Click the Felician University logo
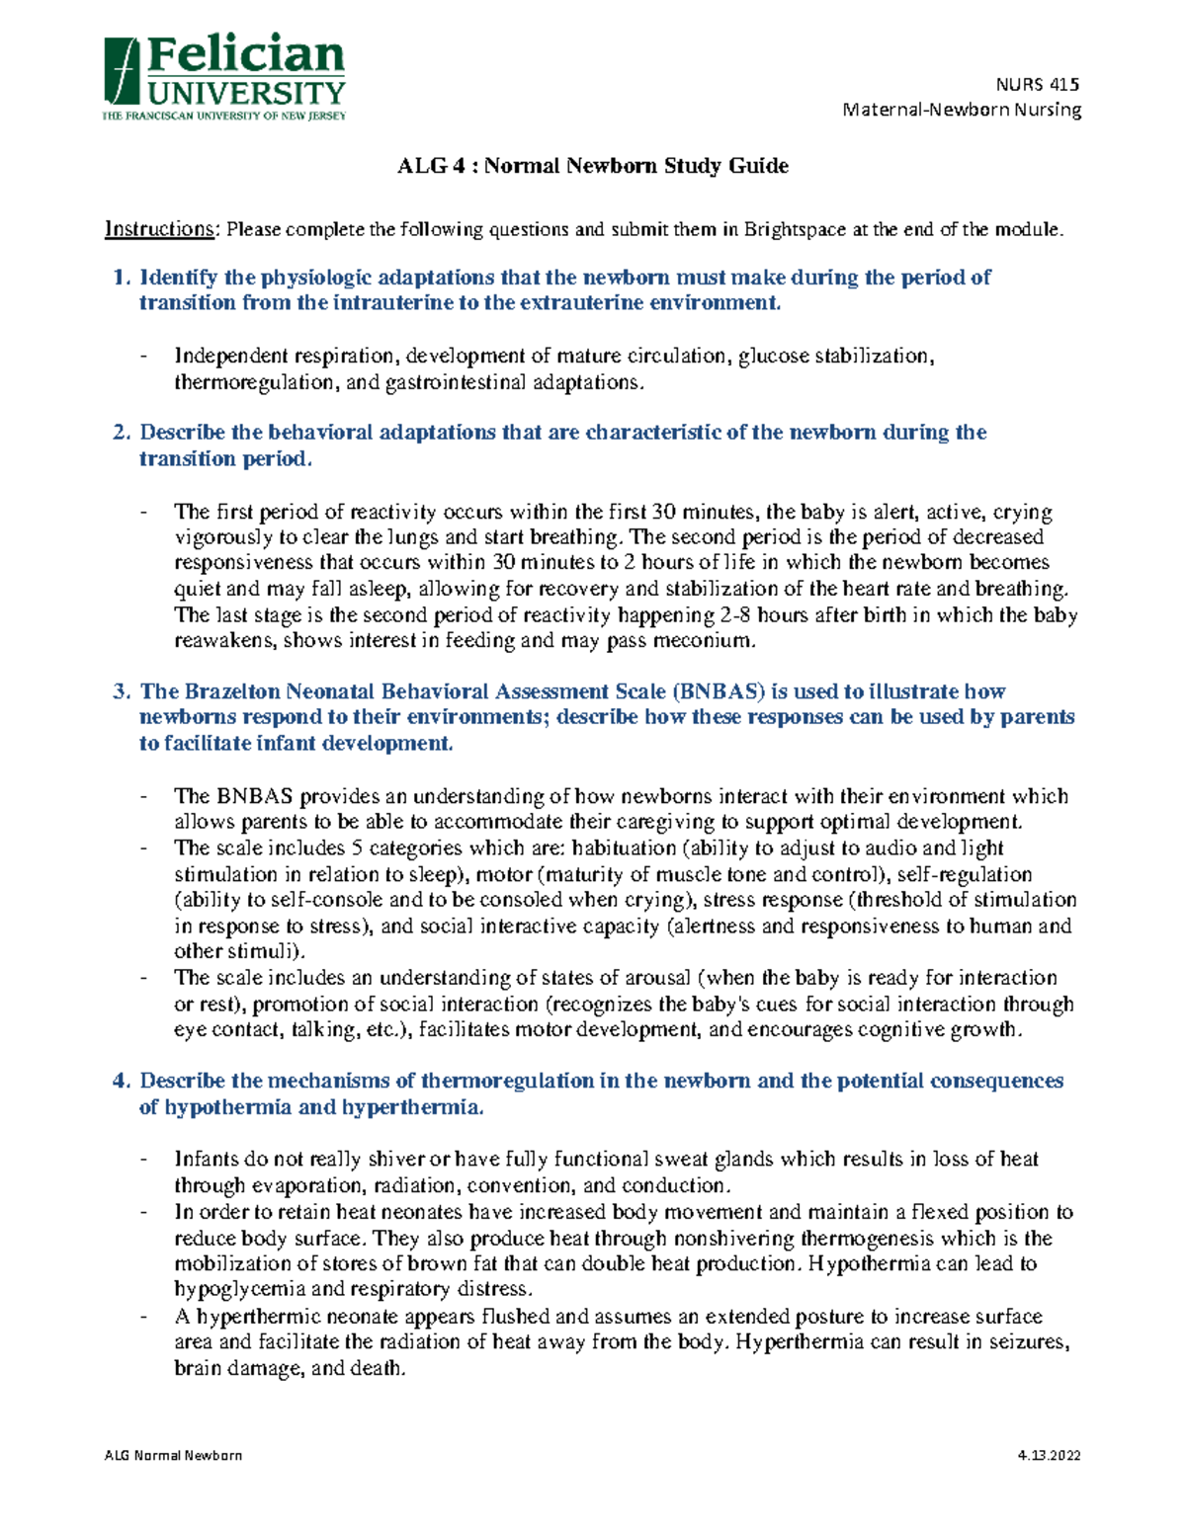[224, 79]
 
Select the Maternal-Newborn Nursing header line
[962, 110]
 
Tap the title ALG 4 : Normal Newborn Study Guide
[592, 166]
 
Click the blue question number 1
[122, 278]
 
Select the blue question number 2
[122, 433]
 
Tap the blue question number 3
[122, 691]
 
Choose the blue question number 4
[122, 1081]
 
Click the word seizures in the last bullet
[1030, 1342]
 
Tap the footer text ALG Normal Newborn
[173, 1455]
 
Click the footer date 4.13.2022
[1050, 1455]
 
